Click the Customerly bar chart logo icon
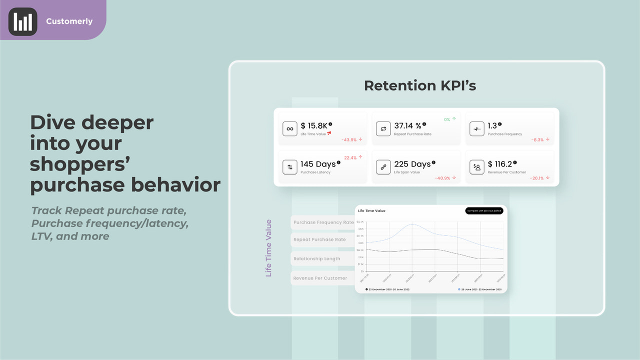tap(23, 21)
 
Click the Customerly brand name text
tap(69, 21)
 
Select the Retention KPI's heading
tap(420, 85)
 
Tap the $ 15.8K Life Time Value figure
tap(313, 126)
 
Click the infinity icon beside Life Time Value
tap(289, 129)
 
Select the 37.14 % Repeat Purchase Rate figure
tap(407, 126)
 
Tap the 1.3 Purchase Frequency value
tap(492, 126)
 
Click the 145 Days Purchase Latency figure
tap(318, 164)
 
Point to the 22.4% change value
tap(350, 157)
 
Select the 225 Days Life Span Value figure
tap(412, 164)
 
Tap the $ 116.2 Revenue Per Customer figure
tap(499, 164)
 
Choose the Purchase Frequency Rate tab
tap(323, 222)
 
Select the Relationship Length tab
tap(317, 259)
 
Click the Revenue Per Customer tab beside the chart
tap(320, 278)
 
